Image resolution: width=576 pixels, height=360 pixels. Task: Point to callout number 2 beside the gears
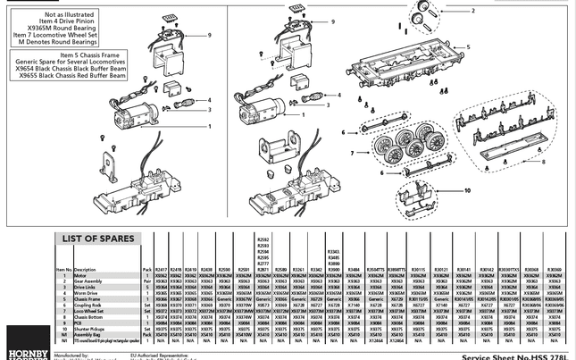(x=472, y=11)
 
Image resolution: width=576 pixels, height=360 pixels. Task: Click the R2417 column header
(x=161, y=268)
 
